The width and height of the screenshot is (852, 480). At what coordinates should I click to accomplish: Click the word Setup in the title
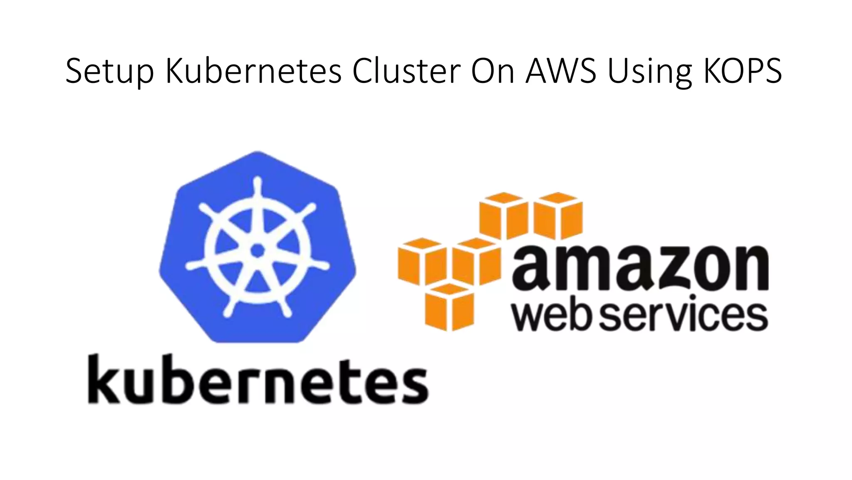(109, 72)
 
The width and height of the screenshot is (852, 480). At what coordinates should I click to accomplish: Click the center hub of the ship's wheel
(258, 250)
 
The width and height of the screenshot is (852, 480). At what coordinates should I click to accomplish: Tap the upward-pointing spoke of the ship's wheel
(258, 204)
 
